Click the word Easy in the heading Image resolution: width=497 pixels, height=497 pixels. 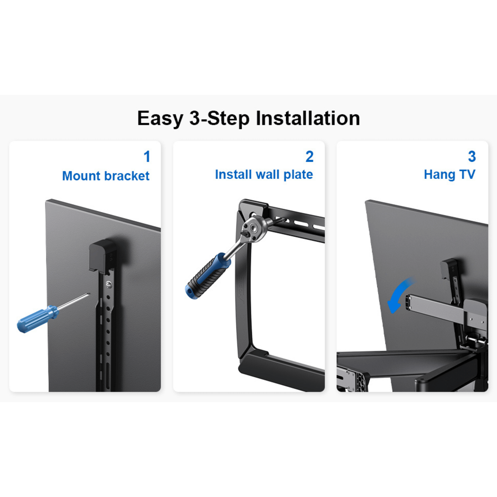pos(160,119)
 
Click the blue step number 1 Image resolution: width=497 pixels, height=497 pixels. pos(147,157)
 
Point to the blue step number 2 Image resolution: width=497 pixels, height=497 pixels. pos(309,157)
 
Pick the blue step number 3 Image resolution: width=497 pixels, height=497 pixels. pos(472,157)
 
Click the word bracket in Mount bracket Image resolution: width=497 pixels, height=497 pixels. pos(127,176)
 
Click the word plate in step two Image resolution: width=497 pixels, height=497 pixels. pos(298,174)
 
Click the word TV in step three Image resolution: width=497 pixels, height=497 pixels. pos(467,174)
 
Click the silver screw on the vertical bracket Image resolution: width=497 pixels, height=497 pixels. pos(109,284)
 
